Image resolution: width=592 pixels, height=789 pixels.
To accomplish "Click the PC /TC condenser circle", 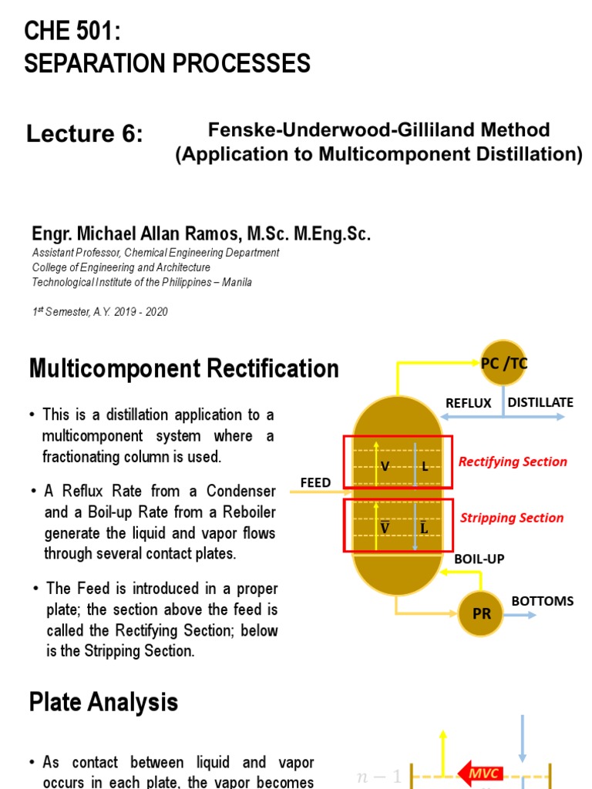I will point(504,364).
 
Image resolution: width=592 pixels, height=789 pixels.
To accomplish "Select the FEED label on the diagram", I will point(315,482).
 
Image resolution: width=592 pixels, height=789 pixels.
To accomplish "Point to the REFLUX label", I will point(468,403).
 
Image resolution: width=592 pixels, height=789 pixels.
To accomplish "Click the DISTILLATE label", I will point(540,402).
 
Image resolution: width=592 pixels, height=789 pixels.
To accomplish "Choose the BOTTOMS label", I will point(543,601).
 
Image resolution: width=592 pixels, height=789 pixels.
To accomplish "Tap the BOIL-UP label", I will point(479,559).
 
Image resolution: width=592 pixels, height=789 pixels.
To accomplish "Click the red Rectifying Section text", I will point(513,462).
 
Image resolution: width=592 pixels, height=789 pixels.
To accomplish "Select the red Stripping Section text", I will point(512,518).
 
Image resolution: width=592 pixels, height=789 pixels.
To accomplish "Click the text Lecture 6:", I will point(85,134).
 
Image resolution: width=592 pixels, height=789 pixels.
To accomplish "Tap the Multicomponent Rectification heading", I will point(183,369).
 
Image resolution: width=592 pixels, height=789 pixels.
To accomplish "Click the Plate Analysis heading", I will point(103,702).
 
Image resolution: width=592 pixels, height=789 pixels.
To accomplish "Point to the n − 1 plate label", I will point(380,777).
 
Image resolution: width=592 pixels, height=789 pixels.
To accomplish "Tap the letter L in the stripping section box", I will point(424,528).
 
